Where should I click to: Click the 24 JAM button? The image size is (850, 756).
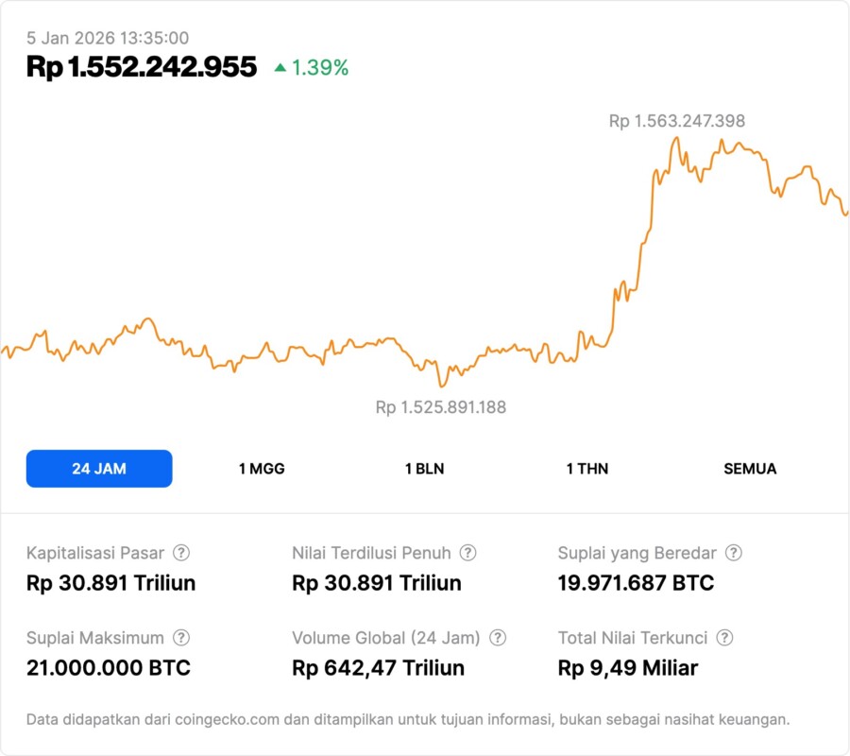click(x=99, y=469)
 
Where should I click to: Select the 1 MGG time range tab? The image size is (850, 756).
click(x=262, y=469)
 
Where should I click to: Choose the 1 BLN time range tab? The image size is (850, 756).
click(x=424, y=469)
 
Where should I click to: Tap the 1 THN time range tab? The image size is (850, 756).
click(x=587, y=469)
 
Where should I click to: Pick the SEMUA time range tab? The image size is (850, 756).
click(x=750, y=469)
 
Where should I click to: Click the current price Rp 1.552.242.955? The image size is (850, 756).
click(x=142, y=67)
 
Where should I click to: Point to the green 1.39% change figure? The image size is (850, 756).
click(x=320, y=68)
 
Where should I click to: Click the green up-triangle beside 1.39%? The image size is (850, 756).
click(x=280, y=68)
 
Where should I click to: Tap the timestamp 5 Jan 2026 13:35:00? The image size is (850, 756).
click(x=108, y=38)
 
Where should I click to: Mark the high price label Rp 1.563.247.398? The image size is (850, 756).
click(x=677, y=121)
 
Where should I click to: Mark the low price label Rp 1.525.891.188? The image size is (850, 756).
click(x=441, y=407)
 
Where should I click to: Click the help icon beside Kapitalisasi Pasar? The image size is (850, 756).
click(x=181, y=553)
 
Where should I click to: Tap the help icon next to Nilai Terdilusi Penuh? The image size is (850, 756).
click(x=467, y=553)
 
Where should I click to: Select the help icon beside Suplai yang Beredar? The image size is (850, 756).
click(x=734, y=553)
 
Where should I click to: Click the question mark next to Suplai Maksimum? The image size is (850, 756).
click(x=181, y=638)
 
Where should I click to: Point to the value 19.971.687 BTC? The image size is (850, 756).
click(x=636, y=583)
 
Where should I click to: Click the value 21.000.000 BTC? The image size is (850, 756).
click(x=109, y=668)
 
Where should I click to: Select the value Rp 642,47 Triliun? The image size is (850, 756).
click(x=378, y=668)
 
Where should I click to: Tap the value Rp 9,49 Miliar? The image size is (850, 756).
click(x=628, y=668)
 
